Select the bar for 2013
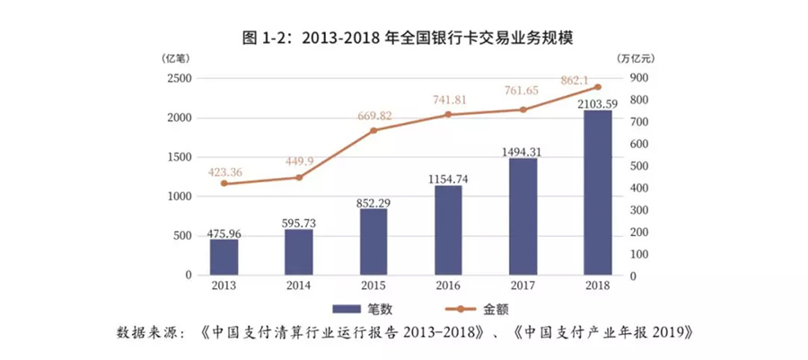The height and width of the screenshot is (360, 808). click(x=224, y=257)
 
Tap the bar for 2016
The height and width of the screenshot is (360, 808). click(x=448, y=230)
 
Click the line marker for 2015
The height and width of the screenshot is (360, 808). click(x=373, y=130)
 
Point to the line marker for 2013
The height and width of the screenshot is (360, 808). click(x=224, y=183)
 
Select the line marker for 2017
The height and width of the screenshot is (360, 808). click(x=523, y=110)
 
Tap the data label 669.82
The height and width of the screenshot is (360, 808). click(x=373, y=115)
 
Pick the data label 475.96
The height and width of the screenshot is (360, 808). click(x=224, y=233)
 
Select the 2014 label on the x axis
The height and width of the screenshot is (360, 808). click(x=299, y=286)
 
